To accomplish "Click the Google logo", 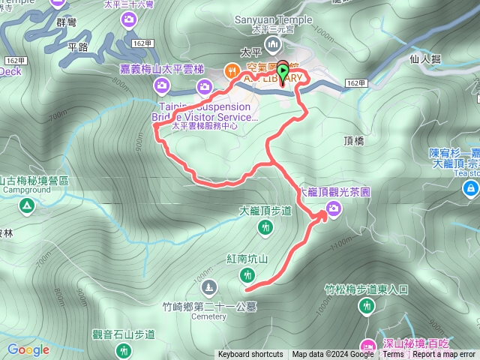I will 28,349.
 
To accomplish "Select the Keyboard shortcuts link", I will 250,355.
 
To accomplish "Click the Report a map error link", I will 444,355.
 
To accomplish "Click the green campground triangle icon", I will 28,205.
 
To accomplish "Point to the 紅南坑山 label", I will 247,259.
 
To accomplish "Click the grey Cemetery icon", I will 208,286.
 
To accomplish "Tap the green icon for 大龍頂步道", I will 265,226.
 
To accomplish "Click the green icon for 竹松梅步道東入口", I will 367,305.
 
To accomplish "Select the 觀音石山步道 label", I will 122,334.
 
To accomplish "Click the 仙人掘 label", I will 425,57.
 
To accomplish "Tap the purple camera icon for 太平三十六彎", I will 130,18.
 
